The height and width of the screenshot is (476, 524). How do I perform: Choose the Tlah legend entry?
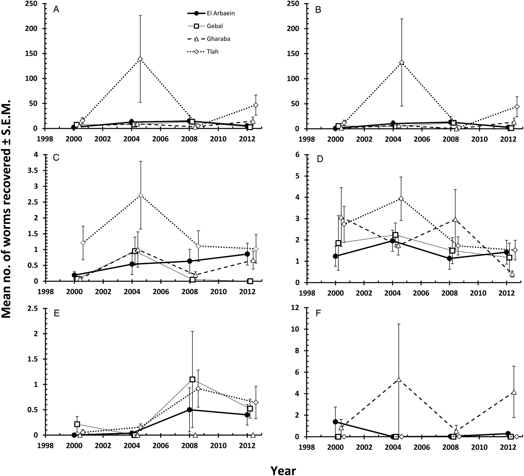tap(211, 52)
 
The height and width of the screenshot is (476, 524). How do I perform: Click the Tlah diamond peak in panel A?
tap(140, 59)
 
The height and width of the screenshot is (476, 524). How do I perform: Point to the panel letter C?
tap(56, 158)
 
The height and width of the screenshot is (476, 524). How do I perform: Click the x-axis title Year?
tap(283, 460)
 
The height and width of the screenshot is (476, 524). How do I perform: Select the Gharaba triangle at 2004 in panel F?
tap(399, 379)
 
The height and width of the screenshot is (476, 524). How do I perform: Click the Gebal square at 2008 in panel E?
tap(192, 379)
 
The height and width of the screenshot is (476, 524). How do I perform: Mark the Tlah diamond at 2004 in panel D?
tap(401, 198)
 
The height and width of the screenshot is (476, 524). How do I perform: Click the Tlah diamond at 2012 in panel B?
tap(517, 107)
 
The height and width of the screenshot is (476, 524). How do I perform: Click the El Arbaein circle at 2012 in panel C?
tap(247, 254)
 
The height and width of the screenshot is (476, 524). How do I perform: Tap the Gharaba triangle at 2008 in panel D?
tap(455, 219)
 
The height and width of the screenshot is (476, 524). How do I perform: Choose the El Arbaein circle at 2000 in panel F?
tap(335, 422)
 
